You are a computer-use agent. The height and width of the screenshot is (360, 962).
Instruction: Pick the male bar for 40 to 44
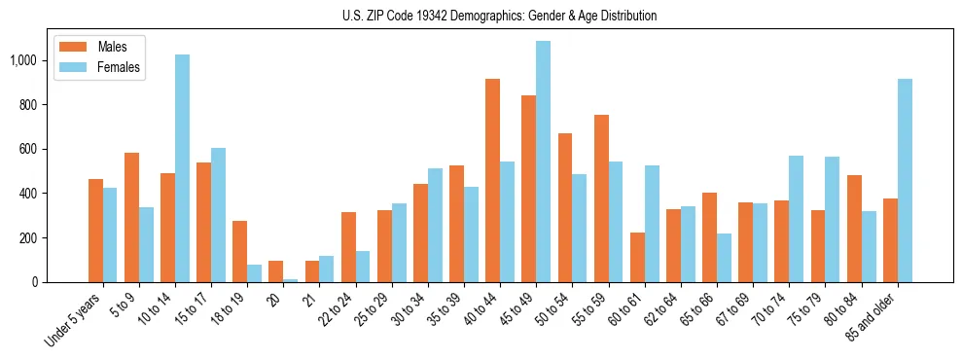coord(492,181)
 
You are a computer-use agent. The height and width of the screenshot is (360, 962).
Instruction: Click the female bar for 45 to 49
coord(543,162)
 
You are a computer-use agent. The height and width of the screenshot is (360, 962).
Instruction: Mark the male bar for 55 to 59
coord(601,198)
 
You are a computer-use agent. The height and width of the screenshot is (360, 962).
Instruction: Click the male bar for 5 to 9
coord(131,218)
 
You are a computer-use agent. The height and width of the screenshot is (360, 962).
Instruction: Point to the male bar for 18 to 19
coord(239,252)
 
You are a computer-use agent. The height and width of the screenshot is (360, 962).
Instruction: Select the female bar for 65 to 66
coord(724,258)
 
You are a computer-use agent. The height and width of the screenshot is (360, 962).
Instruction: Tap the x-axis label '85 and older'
coord(872,315)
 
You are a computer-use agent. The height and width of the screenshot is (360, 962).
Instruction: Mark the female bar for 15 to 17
coord(218,215)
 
